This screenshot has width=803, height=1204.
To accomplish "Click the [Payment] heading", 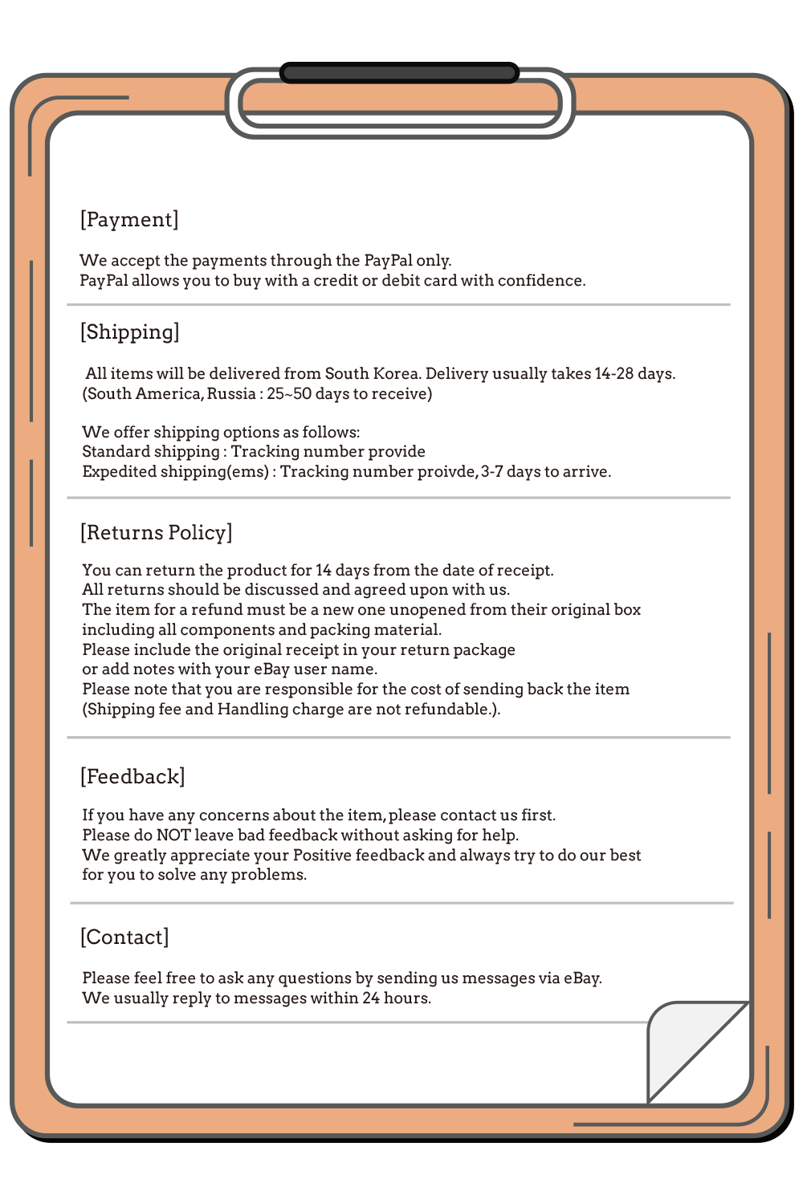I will (x=129, y=219).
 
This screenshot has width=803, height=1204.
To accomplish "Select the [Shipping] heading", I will (x=129, y=332).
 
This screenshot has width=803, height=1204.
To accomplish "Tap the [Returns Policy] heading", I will (x=156, y=532).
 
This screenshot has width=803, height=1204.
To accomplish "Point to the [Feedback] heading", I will (x=132, y=776).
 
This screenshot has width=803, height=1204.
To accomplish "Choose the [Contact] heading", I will (x=124, y=937).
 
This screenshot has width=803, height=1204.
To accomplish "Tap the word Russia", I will (x=231, y=393).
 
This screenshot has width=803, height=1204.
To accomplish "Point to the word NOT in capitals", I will (x=173, y=835).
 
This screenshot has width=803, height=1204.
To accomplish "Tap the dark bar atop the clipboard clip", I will (x=399, y=73).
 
